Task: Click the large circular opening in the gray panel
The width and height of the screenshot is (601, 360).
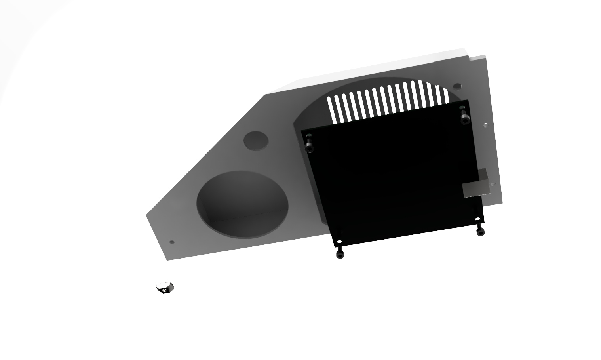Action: (242, 204)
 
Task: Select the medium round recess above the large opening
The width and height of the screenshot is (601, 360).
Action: (255, 141)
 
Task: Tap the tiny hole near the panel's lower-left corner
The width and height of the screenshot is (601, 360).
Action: (171, 242)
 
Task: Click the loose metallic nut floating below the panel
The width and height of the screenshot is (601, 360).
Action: (165, 287)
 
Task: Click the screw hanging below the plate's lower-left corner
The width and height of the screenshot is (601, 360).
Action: (340, 254)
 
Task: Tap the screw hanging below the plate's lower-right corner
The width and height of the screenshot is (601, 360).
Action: (480, 231)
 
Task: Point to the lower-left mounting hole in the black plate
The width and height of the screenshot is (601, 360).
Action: (339, 241)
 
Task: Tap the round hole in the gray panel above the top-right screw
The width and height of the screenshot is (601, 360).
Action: (457, 86)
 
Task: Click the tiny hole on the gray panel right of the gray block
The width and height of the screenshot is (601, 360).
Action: (493, 184)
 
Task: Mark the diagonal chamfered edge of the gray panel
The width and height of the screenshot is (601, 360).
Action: (206, 154)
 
